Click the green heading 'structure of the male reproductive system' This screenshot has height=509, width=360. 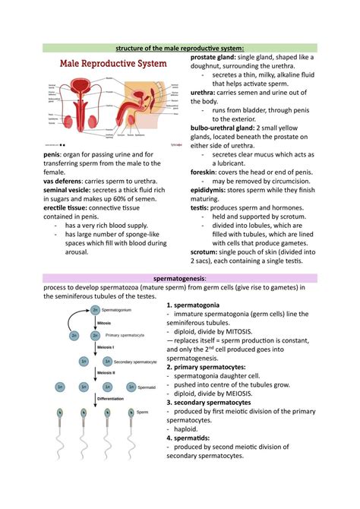coord(179,48)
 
